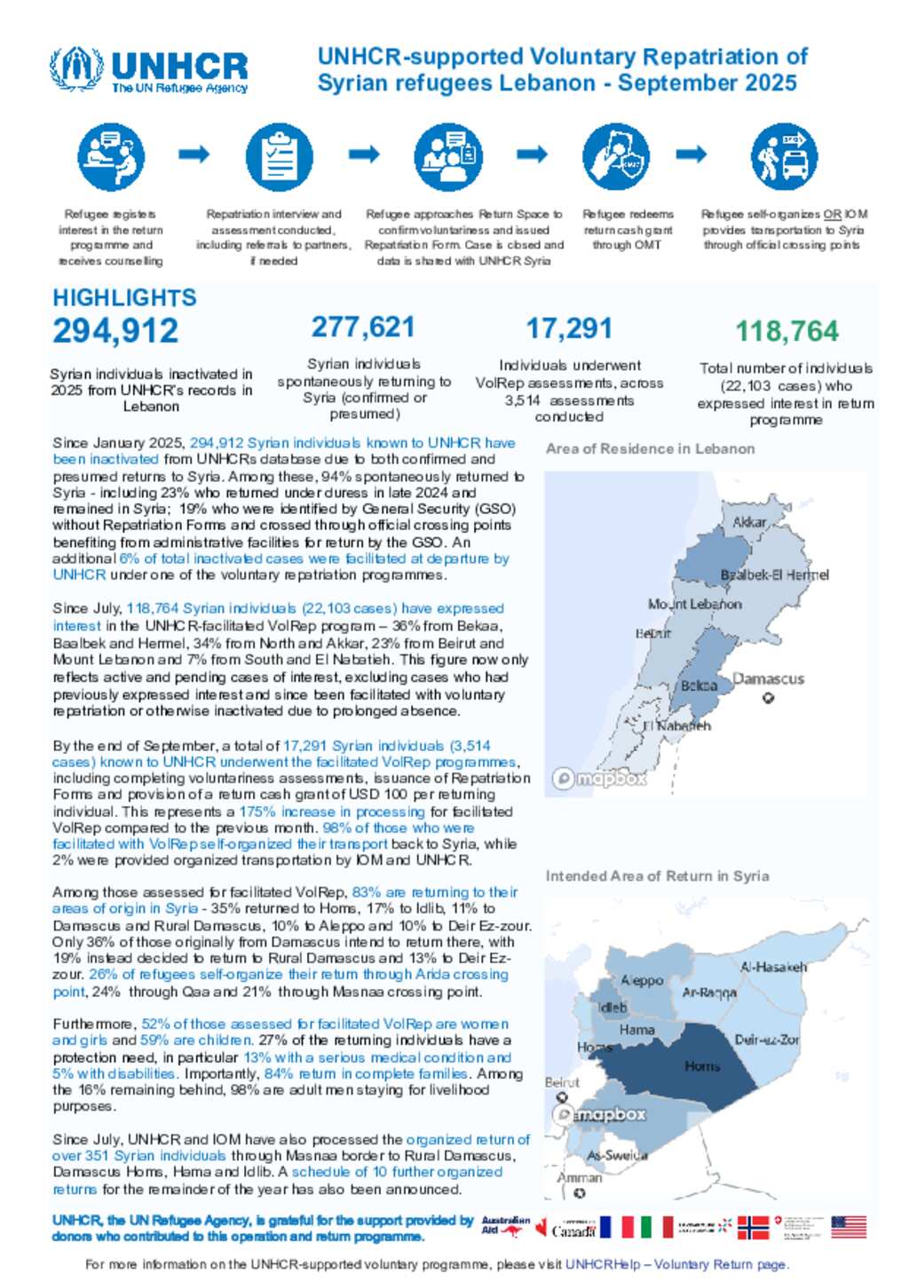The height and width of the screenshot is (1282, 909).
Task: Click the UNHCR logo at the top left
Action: [x=149, y=69]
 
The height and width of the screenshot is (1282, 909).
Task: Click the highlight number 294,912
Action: [x=115, y=330]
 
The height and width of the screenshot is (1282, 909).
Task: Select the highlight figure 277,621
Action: [x=363, y=327]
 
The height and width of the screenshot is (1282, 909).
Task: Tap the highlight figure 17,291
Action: [x=569, y=328]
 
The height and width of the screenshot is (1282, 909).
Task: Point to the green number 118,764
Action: [x=786, y=331]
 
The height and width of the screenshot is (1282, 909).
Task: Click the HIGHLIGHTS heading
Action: [x=124, y=297]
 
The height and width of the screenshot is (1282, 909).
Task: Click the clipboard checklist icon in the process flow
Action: [x=279, y=156]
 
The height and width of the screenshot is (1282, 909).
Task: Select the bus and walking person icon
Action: [x=783, y=156]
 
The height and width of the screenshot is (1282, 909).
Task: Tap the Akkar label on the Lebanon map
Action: [x=749, y=522]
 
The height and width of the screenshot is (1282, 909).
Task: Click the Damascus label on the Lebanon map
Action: [x=768, y=679]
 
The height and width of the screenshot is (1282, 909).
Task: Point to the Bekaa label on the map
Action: [x=699, y=685]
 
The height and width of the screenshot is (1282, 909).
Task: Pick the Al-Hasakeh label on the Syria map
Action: [x=773, y=967]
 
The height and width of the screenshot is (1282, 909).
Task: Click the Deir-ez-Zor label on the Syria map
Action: [x=767, y=1040]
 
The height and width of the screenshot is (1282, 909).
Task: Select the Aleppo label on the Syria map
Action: [x=642, y=980]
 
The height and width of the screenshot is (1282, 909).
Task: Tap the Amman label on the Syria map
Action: [x=580, y=1178]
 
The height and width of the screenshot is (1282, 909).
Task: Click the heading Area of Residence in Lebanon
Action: [x=650, y=448]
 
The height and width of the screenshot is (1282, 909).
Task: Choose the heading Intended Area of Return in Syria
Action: [x=657, y=875]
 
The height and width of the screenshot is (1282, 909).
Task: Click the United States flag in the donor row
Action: [x=848, y=1227]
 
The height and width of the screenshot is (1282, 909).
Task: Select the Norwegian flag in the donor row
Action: [x=753, y=1227]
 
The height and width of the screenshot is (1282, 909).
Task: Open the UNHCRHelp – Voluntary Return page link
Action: [x=676, y=1264]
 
